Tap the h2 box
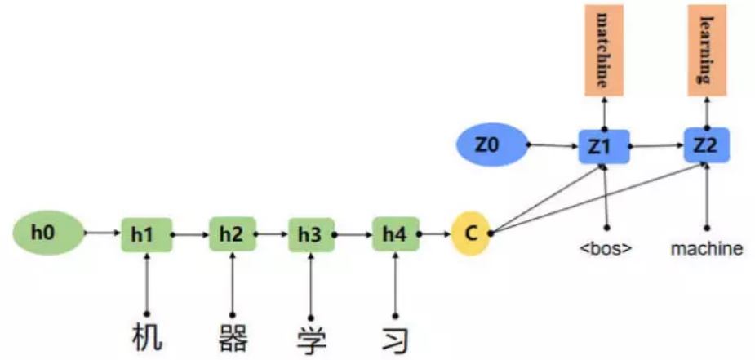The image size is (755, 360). pyautogui.click(x=232, y=233)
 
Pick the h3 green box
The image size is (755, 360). pyautogui.click(x=311, y=234)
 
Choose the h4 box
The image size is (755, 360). pyautogui.click(x=395, y=234)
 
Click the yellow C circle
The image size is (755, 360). pyautogui.click(x=470, y=233)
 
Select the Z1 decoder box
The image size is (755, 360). pyautogui.click(x=604, y=147)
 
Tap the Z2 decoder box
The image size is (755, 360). pyautogui.click(x=706, y=147)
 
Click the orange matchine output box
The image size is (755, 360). pyautogui.click(x=604, y=50)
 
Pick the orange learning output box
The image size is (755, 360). pyautogui.click(x=706, y=50)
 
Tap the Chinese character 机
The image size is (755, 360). pyautogui.click(x=147, y=337)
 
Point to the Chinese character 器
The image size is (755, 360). pyautogui.click(x=233, y=337)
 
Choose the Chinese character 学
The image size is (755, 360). pyautogui.click(x=311, y=337)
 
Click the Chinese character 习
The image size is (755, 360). pyautogui.click(x=395, y=337)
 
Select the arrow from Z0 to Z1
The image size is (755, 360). pyautogui.click(x=553, y=147)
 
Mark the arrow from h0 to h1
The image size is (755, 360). pyautogui.click(x=102, y=233)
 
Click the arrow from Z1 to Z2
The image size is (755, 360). pyautogui.click(x=655, y=147)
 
